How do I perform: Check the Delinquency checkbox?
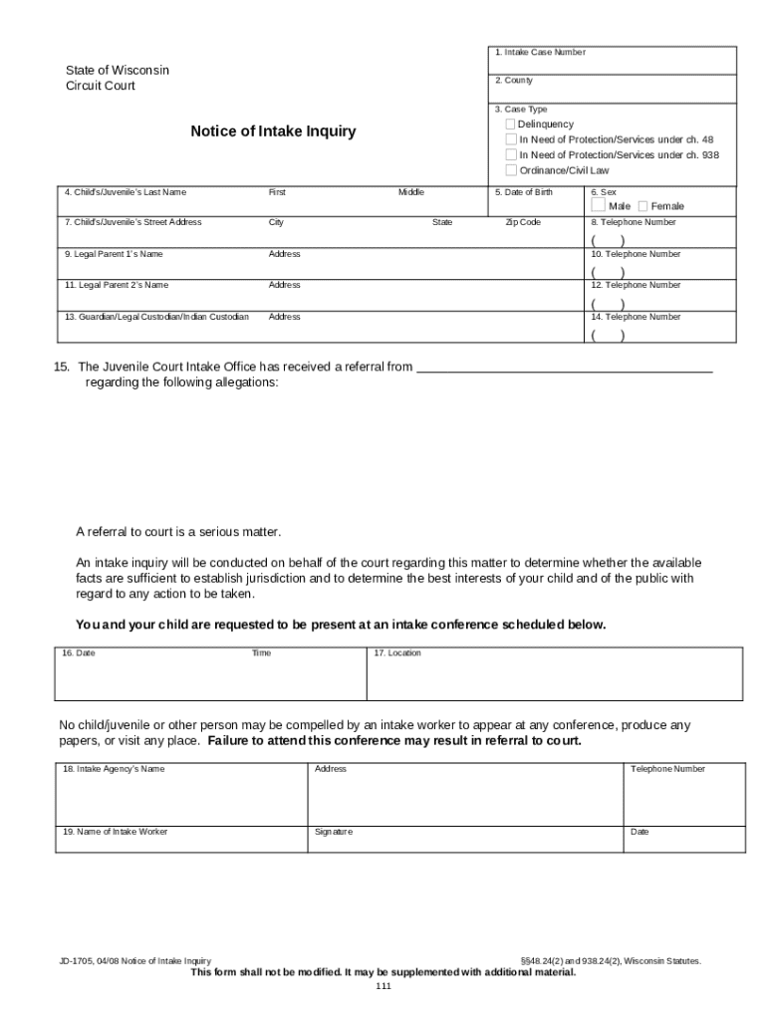511,125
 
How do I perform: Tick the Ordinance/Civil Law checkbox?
511,170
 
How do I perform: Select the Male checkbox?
598,205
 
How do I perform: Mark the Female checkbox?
642,206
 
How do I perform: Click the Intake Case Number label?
540,52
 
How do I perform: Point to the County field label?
514,81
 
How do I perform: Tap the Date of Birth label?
523,191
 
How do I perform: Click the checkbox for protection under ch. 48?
511,139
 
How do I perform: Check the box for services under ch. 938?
511,154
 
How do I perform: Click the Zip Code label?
523,222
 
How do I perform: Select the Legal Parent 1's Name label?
113,254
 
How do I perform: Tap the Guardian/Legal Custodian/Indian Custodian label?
156,317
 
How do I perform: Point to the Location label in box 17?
397,653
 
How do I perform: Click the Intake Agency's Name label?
114,769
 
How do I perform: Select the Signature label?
333,832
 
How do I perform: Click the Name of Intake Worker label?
115,832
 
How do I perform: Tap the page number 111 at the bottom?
383,986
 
